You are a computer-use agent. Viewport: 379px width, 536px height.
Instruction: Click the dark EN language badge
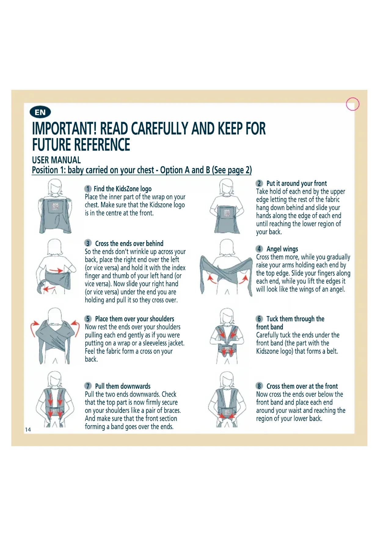pos(40,112)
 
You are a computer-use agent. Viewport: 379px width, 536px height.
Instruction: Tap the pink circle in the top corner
pos(353,104)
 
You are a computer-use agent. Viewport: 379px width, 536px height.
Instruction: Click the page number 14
pos(28,430)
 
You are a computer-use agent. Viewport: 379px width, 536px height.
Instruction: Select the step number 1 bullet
pos(88,189)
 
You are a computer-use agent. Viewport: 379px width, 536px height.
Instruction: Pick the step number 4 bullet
pos(259,249)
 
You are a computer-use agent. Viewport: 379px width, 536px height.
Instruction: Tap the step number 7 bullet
pos(88,386)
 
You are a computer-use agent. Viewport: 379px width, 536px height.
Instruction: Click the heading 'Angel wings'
pos(282,249)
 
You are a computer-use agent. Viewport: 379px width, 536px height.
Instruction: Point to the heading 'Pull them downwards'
pos(123,386)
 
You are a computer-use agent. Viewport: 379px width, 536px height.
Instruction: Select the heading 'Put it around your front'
pos(297,183)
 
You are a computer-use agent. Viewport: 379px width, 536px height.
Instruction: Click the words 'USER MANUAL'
pos(56,160)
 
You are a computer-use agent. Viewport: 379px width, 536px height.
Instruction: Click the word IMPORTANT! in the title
pos(64,129)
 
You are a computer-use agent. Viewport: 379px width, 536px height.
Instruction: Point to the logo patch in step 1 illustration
pos(55,206)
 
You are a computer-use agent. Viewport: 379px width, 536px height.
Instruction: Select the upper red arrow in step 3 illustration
pos(56,270)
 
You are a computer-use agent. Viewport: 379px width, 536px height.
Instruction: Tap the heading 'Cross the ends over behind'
pos(129,244)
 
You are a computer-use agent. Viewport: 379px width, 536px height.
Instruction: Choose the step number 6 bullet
pos(259,319)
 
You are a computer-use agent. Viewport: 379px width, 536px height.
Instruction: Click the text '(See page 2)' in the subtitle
pos(232,170)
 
